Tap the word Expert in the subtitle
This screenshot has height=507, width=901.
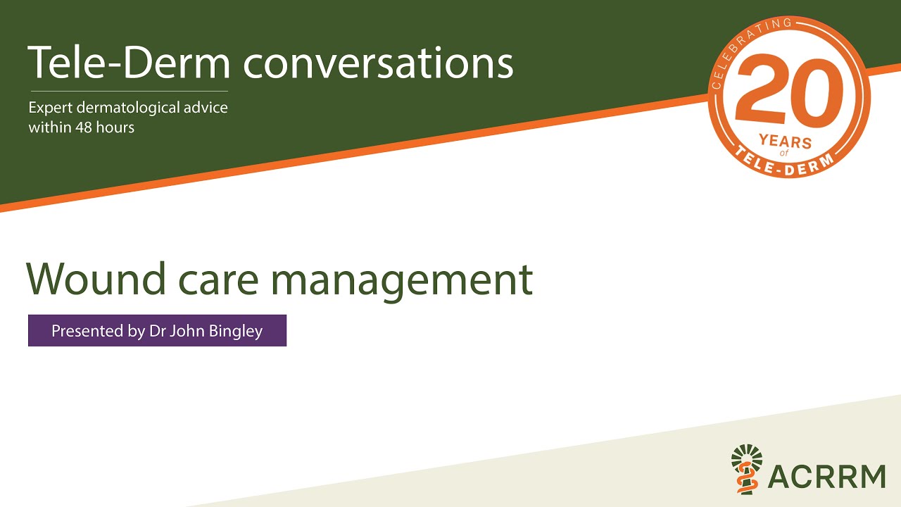point(49,109)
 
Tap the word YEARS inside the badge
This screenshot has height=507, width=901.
point(786,142)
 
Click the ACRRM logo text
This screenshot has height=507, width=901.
point(826,475)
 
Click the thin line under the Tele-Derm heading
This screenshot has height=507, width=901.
point(128,91)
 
